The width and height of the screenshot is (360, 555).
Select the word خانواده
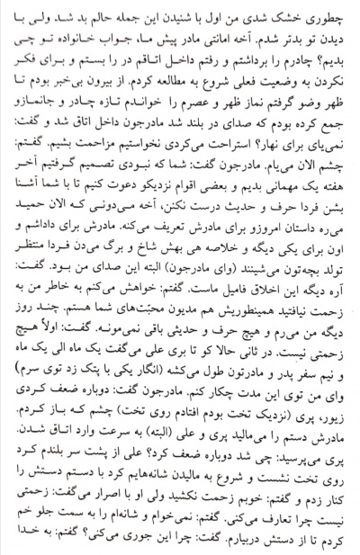click(x=85, y=36)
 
